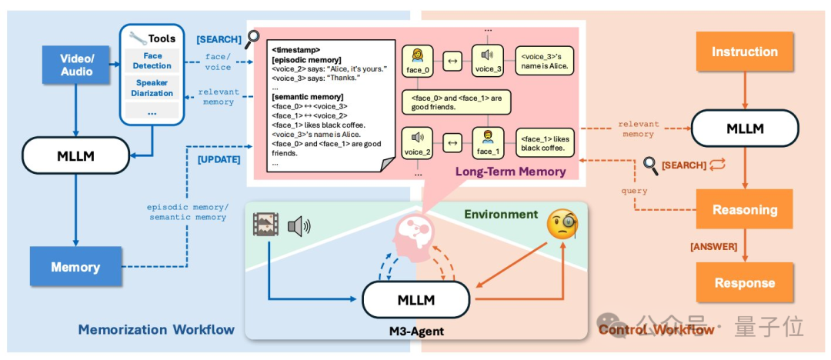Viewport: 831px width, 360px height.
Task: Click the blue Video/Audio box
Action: [x=75, y=64]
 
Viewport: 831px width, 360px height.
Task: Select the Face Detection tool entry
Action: [x=152, y=61]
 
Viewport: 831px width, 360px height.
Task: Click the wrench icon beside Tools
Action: [x=137, y=38]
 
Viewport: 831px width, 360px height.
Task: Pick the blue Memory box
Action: [x=75, y=267]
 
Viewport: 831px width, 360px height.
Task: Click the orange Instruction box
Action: [x=745, y=52]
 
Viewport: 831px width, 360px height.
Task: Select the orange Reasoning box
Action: [x=745, y=209]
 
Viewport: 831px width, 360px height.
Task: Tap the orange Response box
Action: [x=745, y=282]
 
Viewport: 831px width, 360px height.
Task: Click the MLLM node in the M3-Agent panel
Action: [x=416, y=299]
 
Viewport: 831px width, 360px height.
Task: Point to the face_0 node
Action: [x=418, y=61]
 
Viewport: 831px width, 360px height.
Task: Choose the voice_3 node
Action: [x=488, y=61]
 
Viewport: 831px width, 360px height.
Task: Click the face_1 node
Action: [x=488, y=143]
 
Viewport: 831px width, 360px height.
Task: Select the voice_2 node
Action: [x=418, y=143]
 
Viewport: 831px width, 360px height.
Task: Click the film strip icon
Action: [x=266, y=225]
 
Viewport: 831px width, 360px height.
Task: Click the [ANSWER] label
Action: [x=713, y=246]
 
